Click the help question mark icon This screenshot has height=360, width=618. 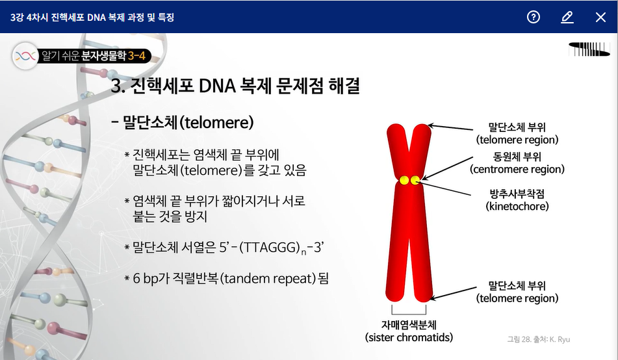point(534,17)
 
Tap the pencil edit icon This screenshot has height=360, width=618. point(567,17)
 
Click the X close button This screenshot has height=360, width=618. point(600,17)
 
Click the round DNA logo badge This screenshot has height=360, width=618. point(25,56)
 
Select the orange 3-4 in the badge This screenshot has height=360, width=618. point(136,56)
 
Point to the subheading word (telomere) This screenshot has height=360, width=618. point(216,123)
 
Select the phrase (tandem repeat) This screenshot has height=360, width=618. point(268,278)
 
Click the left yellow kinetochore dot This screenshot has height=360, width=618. point(404,180)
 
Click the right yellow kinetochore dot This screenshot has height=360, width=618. point(415,180)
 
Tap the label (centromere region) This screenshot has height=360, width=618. point(517,169)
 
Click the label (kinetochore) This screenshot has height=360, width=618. point(517,206)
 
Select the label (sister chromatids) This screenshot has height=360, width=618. point(409,337)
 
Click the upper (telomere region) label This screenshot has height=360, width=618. point(517,140)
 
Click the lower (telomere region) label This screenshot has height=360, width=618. point(517,298)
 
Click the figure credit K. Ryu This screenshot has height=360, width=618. point(560,339)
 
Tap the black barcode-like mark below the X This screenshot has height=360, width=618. point(589,49)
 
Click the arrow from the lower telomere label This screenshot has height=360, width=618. point(454,293)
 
